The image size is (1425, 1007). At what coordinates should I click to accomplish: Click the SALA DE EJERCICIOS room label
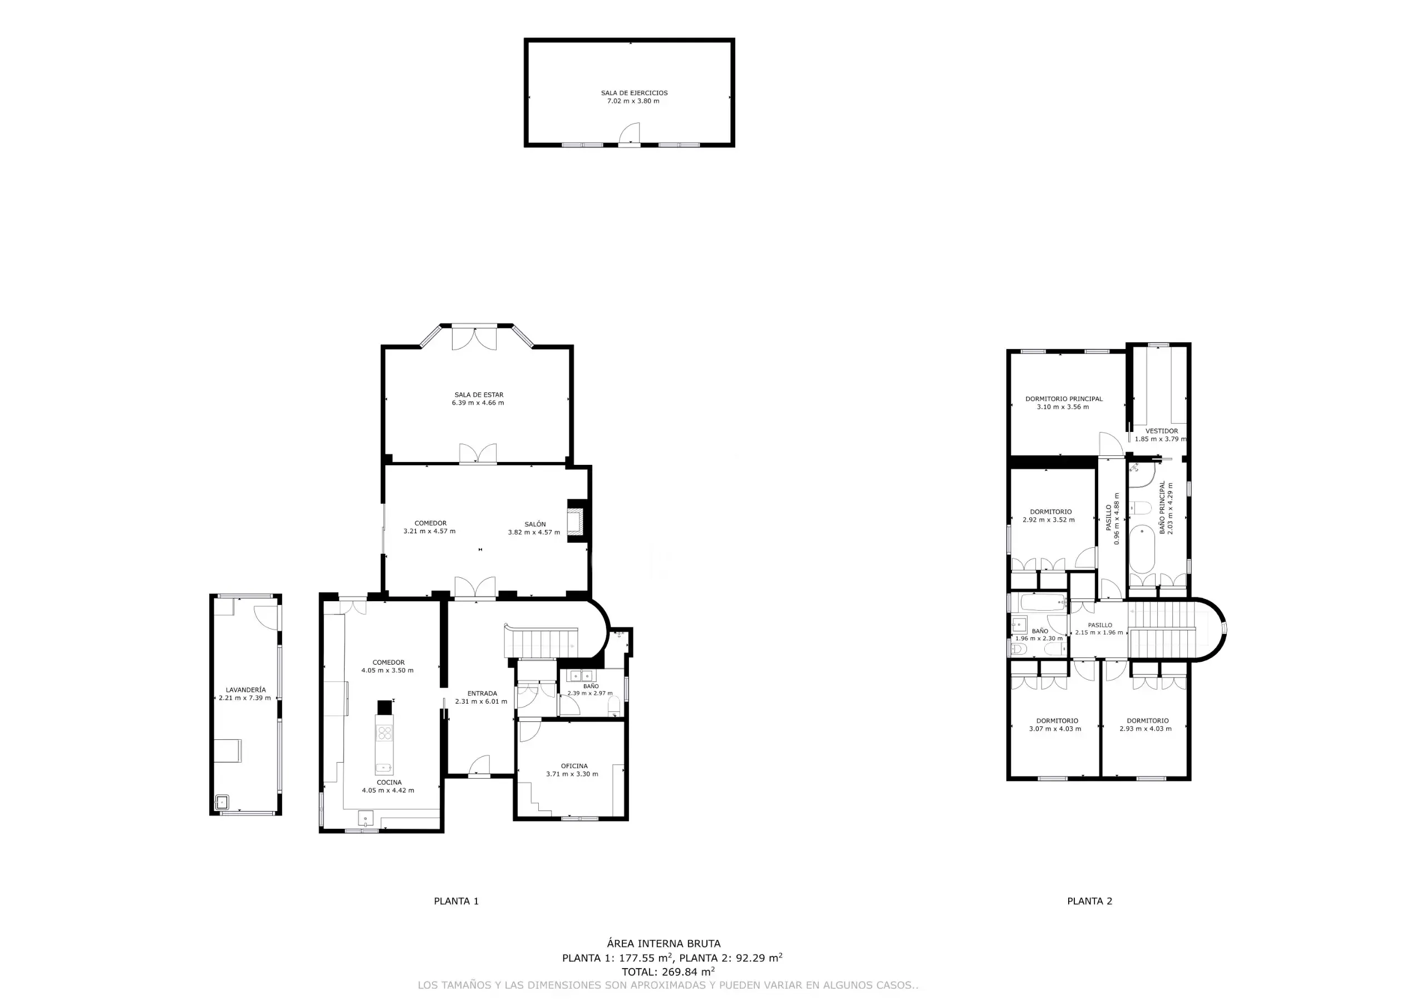click(x=633, y=93)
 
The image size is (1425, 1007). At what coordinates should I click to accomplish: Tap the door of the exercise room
click(x=630, y=133)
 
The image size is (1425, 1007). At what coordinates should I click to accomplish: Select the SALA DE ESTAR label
click(x=479, y=395)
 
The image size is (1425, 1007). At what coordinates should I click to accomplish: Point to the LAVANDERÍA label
click(x=246, y=690)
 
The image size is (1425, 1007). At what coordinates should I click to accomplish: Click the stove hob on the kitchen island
click(x=384, y=733)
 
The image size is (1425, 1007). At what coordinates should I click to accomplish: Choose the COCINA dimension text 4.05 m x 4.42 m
click(x=388, y=790)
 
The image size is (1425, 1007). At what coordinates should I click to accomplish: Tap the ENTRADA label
click(x=481, y=694)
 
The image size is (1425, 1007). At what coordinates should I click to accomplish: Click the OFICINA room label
click(x=574, y=766)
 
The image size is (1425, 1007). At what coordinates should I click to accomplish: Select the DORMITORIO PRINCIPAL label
click(x=1064, y=399)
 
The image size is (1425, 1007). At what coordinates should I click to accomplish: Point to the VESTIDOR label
click(x=1161, y=431)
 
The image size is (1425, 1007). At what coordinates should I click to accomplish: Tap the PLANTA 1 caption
click(x=456, y=901)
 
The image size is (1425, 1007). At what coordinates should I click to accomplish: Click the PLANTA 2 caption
click(x=1090, y=901)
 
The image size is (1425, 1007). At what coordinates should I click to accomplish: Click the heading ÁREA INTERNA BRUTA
click(x=664, y=944)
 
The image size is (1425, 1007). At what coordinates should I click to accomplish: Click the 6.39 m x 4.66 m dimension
click(x=478, y=403)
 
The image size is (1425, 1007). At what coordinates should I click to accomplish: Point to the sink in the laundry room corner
click(x=222, y=802)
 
